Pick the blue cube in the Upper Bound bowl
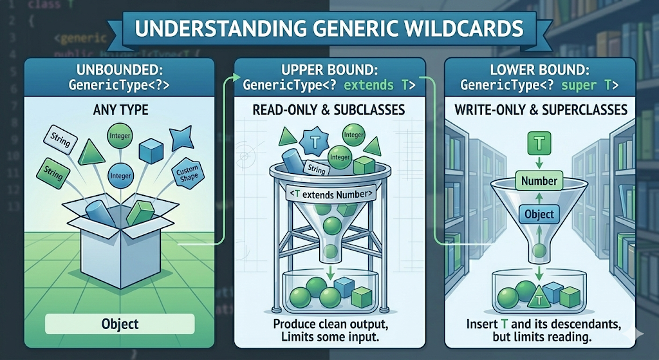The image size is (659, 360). click(x=344, y=285)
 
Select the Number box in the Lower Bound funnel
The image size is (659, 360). click(x=539, y=181)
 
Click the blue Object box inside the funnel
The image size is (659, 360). click(x=539, y=214)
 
